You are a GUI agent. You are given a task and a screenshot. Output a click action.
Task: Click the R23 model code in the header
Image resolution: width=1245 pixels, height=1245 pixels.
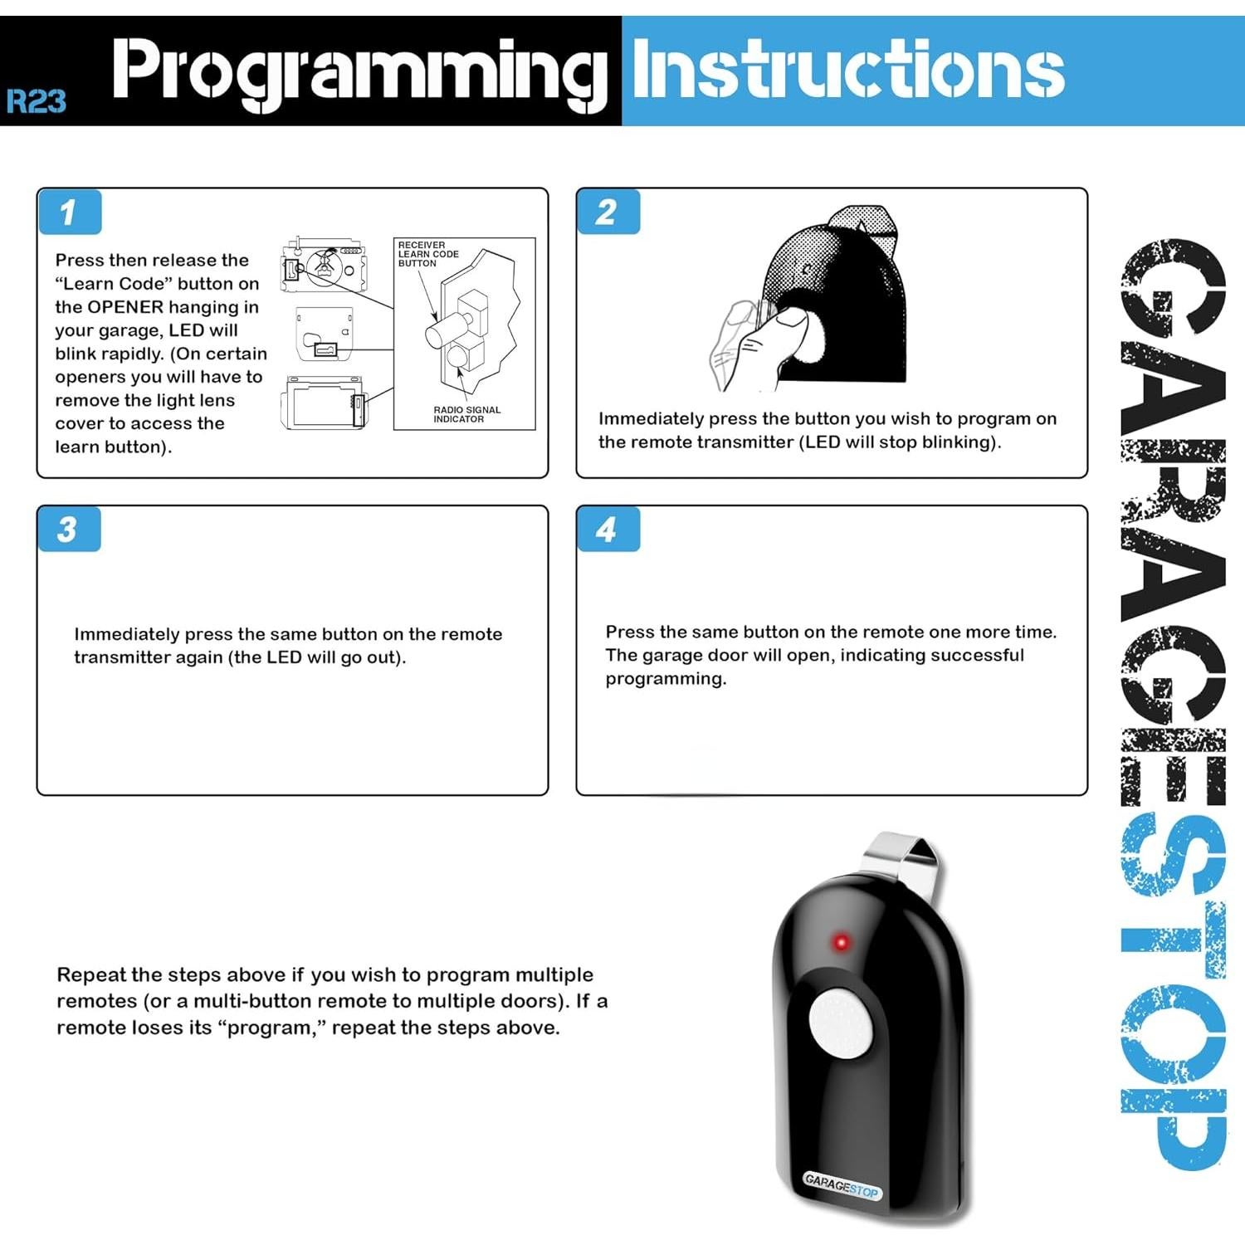pos(36,101)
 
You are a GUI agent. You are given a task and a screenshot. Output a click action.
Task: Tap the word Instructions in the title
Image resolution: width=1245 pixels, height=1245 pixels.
pos(847,71)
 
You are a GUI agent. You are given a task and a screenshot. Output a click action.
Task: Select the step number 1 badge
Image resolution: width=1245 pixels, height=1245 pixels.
pos(69,212)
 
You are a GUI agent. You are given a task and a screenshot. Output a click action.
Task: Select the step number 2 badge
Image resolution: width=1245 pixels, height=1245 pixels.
pos(607,212)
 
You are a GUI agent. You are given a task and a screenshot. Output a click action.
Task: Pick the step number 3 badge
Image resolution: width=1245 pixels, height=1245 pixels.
pos(68,530)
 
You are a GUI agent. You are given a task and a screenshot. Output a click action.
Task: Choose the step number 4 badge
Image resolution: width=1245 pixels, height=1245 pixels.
pos(607,530)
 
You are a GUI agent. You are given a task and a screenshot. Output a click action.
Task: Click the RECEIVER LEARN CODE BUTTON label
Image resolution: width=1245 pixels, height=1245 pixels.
pos(427,254)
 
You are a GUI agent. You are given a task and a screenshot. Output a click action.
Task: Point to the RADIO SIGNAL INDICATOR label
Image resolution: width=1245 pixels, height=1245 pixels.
pos(466,414)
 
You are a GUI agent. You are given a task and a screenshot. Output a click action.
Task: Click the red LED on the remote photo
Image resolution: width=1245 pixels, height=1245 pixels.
pos(841,943)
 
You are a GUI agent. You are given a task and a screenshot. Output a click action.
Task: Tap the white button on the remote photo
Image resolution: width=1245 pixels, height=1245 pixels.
pos(842,1023)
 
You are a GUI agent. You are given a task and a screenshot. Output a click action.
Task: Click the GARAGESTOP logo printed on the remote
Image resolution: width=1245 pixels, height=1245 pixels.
pos(841,1185)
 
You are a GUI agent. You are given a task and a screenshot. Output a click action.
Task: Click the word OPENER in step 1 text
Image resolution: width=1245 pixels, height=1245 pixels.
pos(125,307)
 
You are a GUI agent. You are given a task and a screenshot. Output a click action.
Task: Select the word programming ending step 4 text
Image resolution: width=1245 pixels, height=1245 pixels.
pos(665,679)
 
